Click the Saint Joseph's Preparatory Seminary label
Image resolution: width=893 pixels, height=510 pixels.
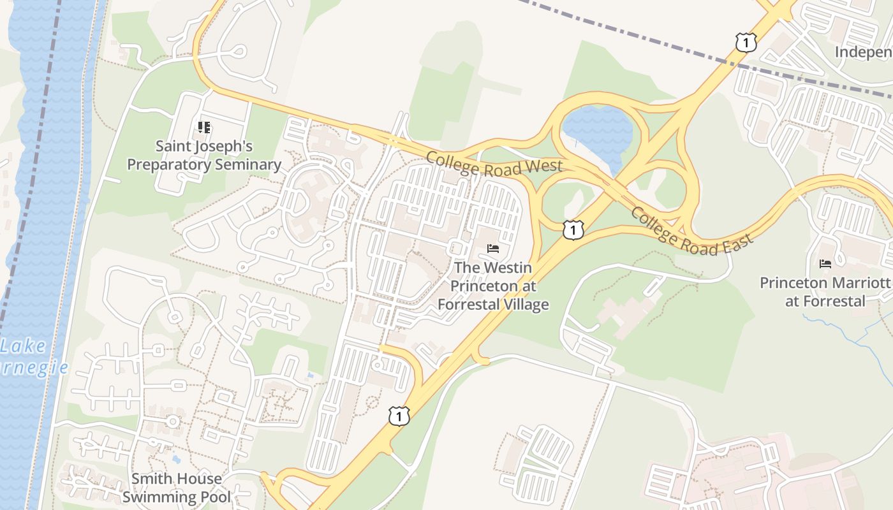pos(203,156)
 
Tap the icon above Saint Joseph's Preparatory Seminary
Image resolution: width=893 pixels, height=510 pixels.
pos(204,127)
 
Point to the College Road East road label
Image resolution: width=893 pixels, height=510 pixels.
pos(691,231)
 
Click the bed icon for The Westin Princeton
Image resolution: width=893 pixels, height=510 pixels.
pos(493,248)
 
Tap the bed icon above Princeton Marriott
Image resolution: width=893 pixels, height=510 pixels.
pos(825,263)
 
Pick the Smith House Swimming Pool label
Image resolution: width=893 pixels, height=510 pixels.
pos(176,487)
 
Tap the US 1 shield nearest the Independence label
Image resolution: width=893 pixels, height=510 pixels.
pos(745,43)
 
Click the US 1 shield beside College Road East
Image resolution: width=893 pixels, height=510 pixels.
pos(573,229)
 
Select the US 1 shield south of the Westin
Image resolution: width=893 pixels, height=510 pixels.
pos(399,416)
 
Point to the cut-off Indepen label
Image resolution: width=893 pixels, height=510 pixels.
pos(864,52)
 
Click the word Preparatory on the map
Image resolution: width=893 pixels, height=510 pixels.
pos(168,164)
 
